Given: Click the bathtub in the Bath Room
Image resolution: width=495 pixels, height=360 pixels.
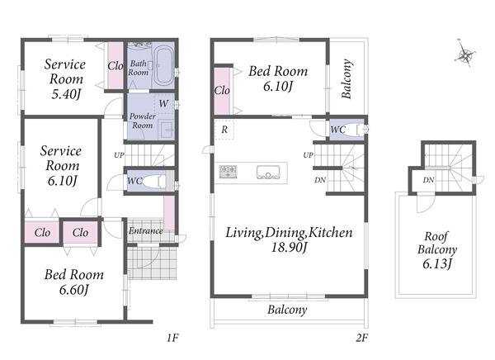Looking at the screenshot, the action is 164,65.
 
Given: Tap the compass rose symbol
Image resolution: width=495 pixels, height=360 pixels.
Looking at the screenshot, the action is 464,54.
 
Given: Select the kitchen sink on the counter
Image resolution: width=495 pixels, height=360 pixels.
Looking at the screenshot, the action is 268,173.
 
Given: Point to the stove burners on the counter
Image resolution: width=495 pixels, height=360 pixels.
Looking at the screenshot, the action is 229,171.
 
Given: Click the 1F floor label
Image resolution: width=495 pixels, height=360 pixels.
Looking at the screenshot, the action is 172,338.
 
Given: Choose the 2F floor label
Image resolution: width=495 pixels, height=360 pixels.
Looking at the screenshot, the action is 362,338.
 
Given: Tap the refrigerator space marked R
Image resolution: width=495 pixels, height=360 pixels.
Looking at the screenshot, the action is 224,130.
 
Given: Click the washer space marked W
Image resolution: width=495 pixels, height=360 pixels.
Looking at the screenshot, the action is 163,103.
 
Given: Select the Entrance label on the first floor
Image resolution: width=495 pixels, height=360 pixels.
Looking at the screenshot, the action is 145,230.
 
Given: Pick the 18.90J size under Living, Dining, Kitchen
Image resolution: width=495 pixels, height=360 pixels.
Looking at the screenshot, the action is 290,247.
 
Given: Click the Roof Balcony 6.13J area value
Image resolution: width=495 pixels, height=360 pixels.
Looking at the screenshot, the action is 437,263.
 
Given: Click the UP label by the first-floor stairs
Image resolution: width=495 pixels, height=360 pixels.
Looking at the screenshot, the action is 119,155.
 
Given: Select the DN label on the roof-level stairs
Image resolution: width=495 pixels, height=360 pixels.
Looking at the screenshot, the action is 428,180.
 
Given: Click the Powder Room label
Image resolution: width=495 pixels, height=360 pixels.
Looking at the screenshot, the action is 143,121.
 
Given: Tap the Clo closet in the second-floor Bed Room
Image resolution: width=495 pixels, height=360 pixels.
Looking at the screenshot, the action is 222,91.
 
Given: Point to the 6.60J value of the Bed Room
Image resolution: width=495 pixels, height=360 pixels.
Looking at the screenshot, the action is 73,290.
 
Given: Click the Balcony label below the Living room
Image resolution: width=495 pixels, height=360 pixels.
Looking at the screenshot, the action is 287,310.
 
